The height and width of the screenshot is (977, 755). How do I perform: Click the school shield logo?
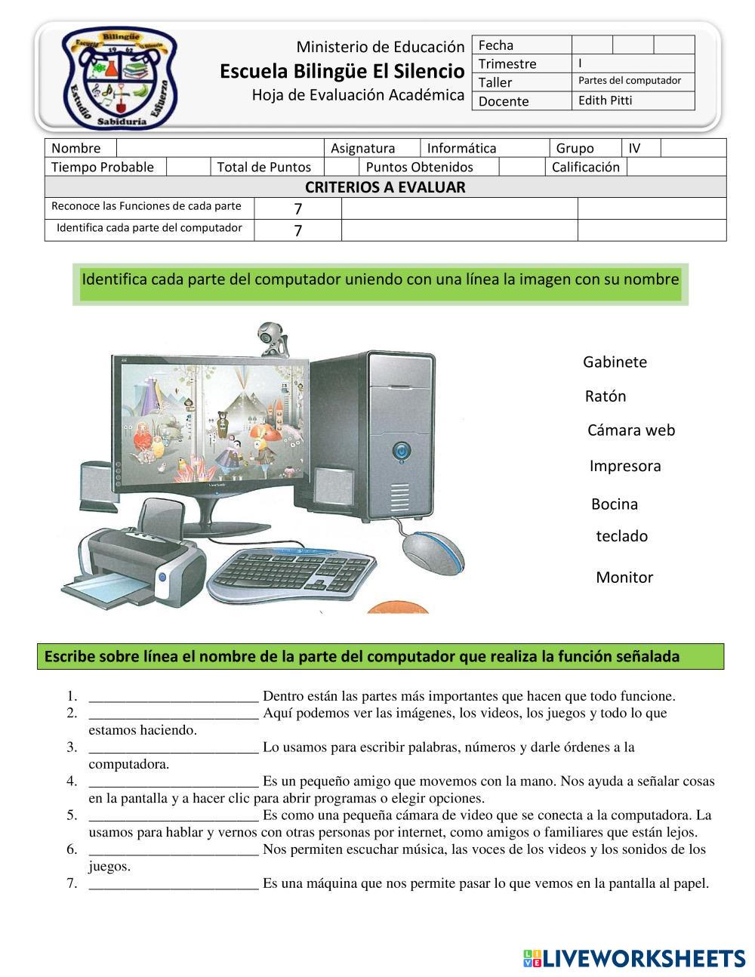coord(120,78)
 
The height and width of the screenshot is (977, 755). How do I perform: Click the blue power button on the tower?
coord(401,452)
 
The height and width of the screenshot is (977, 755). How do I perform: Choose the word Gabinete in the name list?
coord(615,362)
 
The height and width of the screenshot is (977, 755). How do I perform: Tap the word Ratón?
coord(605,396)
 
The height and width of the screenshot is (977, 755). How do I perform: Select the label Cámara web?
coord(631,430)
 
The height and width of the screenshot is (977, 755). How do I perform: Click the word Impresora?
coord(625,466)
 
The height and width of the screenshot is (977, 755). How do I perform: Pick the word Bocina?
coord(615,504)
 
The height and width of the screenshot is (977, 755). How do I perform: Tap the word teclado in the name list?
coord(622,536)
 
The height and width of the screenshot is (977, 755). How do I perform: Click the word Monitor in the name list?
coord(624,578)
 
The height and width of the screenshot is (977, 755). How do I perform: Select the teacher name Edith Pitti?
coord(605,100)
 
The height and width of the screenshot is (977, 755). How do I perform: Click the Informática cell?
coord(462,148)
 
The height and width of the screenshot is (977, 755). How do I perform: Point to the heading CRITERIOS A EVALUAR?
coord(385,187)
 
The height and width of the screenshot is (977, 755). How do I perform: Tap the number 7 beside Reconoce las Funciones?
coord(298,208)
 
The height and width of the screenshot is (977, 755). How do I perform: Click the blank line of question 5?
coord(174,816)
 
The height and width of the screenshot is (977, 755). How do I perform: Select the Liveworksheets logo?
coord(634,958)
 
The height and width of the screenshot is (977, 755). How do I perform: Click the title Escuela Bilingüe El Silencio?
coord(342,71)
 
